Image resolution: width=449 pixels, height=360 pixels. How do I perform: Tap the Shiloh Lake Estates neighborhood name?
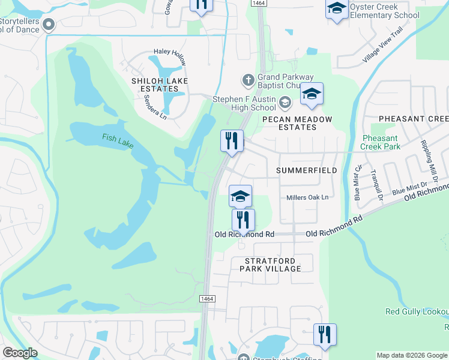pyautogui.click(x=160, y=85)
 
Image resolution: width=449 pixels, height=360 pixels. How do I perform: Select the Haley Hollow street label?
pyautogui.click(x=170, y=53)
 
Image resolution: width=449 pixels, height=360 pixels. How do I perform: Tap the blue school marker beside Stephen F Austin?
pyautogui.click(x=312, y=94)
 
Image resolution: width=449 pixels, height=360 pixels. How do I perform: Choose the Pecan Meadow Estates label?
pyautogui.click(x=298, y=123)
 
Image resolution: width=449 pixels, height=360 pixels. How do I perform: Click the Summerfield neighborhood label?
pyautogui.click(x=307, y=170)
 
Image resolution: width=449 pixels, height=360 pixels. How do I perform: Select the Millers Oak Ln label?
pyautogui.click(x=308, y=197)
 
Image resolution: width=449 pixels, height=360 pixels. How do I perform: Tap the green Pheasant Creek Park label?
pyautogui.click(x=381, y=142)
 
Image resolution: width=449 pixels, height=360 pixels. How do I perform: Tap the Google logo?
pyautogui.click(x=20, y=352)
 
